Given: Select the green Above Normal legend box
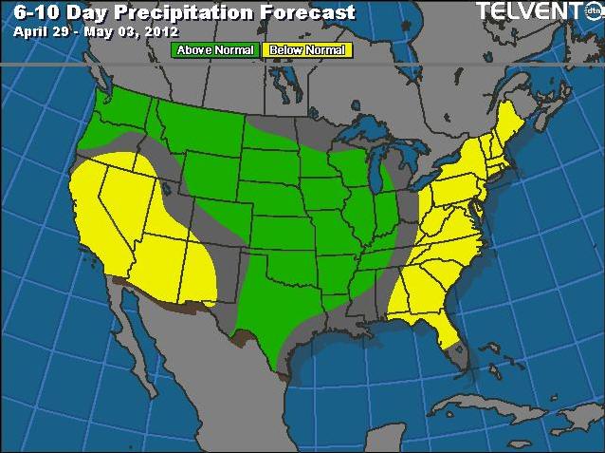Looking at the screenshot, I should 215,49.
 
